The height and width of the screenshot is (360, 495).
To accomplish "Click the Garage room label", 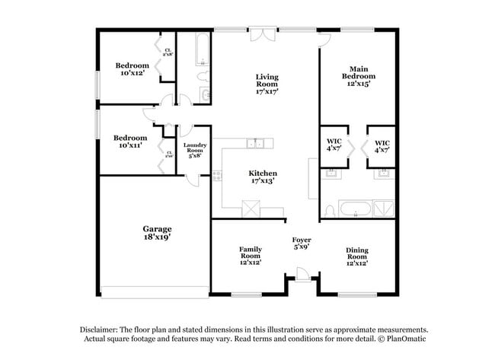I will click(x=156, y=232).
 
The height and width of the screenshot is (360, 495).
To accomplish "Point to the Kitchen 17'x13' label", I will click(x=263, y=177).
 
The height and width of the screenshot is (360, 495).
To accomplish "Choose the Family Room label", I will click(x=251, y=255).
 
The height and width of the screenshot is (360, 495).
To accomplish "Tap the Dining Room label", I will click(x=357, y=256).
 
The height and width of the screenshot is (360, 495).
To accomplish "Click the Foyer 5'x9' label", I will click(x=302, y=243).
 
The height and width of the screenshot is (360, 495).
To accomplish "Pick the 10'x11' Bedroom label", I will click(x=131, y=142).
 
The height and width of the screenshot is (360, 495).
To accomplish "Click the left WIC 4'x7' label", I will click(x=334, y=146).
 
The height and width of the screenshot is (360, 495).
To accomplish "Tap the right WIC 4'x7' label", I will click(x=382, y=146).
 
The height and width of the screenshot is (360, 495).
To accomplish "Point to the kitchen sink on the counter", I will click(x=257, y=142).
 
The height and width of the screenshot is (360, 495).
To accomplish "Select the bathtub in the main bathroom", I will click(x=355, y=209).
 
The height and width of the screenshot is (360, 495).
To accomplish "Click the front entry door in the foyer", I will click(x=302, y=275).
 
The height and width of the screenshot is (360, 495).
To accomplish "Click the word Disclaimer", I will click(x=102, y=328).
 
